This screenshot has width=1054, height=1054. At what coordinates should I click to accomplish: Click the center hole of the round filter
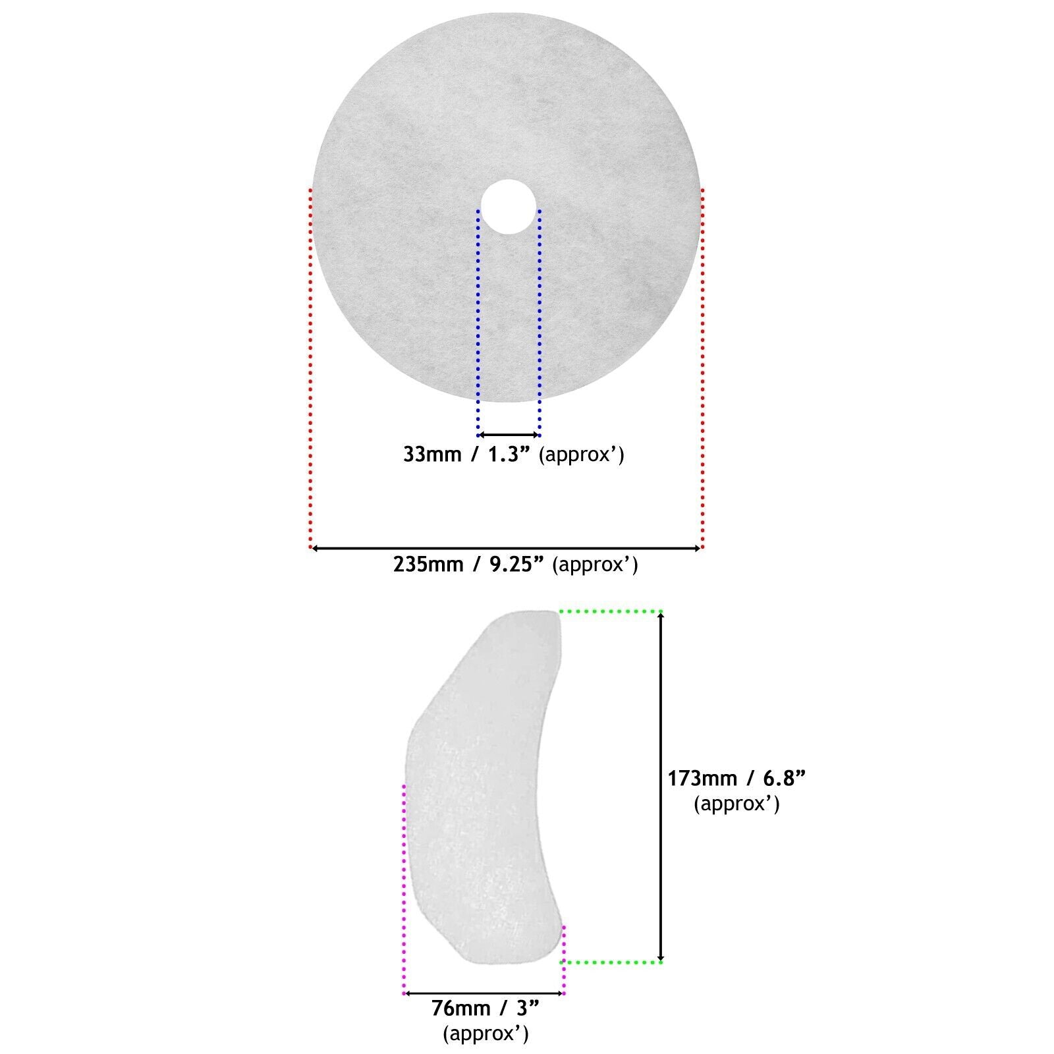click(x=508, y=207)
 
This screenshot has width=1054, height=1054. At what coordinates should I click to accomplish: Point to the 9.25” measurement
click(x=518, y=565)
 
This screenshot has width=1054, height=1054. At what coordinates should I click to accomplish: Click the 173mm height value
click(x=702, y=779)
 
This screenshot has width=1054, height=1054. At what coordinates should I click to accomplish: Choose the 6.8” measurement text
click(x=785, y=779)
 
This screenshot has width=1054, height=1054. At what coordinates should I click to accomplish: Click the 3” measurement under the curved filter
click(x=528, y=1009)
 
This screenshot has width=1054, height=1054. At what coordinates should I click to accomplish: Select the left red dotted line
click(x=310, y=368)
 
